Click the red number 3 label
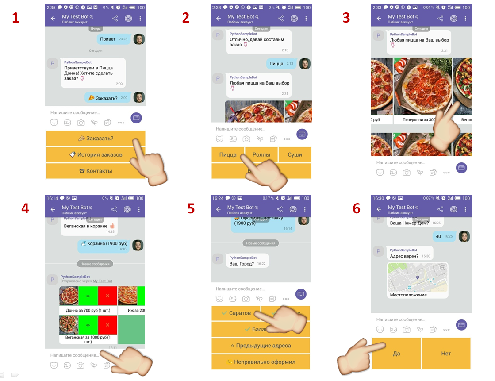click(x=346, y=18)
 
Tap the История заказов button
click(x=96, y=154)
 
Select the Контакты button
click(x=96, y=171)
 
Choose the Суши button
click(x=295, y=154)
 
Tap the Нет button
click(x=446, y=354)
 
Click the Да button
click(x=396, y=354)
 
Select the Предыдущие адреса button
click(x=261, y=346)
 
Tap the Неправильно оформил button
click(x=261, y=362)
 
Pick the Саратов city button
click(x=236, y=313)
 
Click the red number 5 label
click(x=191, y=208)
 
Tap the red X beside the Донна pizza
click(x=107, y=296)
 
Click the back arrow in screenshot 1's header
click(x=53, y=19)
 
